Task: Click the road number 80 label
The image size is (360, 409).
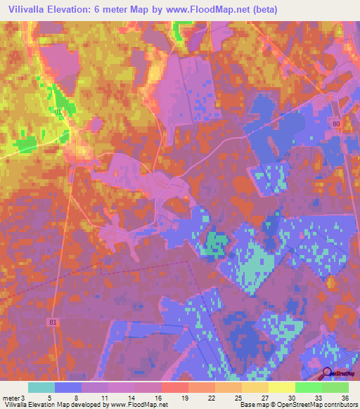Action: (336, 124)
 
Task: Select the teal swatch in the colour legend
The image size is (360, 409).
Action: (41, 387)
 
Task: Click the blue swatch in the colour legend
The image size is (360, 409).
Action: (67, 387)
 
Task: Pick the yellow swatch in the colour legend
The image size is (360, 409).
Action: (281, 387)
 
